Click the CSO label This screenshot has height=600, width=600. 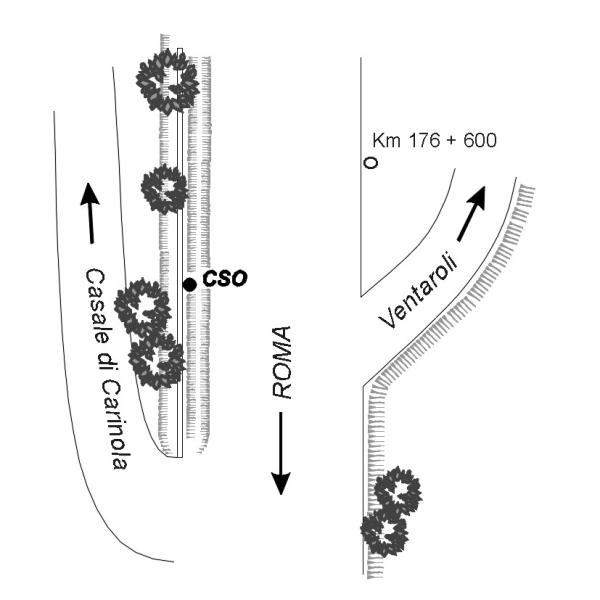coord(225,278)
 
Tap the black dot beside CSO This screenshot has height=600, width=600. coord(189,285)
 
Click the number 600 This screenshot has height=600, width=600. coord(478,141)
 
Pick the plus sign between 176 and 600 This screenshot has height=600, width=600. coord(450,141)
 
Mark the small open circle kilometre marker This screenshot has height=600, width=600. coord(370,162)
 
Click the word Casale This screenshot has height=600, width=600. coord(99,306)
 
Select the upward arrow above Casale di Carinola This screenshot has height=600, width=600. coord(90,213)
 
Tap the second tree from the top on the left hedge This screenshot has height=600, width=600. coord(164,188)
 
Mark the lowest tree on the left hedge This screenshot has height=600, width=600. coord(158,361)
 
